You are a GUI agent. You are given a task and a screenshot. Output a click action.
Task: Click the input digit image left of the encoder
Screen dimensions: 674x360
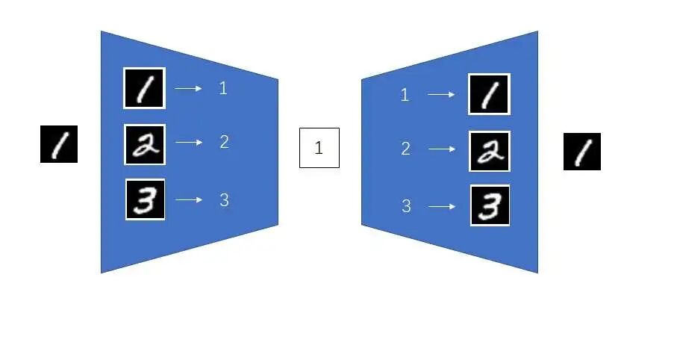[x=58, y=144]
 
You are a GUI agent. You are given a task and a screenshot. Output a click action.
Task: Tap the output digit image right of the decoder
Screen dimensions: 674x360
[x=581, y=152]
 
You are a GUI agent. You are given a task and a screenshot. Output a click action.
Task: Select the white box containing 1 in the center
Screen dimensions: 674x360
[x=319, y=148]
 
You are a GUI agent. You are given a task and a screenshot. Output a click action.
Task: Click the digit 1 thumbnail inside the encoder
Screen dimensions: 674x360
[x=144, y=88]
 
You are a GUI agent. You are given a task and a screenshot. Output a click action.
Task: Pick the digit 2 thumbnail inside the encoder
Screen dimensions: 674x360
[x=145, y=144]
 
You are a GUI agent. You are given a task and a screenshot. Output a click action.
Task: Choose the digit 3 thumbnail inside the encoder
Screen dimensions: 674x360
[x=145, y=199]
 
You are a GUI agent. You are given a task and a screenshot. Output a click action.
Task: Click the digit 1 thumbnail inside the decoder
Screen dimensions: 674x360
[x=489, y=94]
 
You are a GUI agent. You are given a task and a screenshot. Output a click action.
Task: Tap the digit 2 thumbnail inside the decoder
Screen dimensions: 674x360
[x=490, y=151]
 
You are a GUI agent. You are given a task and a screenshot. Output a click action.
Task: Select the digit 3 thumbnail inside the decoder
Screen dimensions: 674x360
[x=490, y=205]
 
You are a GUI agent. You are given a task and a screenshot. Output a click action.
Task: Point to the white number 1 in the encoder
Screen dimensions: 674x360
[x=223, y=88]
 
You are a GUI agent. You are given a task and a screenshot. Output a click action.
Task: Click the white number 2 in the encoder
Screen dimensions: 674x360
[x=224, y=142]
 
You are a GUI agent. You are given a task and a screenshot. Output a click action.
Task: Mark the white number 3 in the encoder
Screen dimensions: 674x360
[x=224, y=200]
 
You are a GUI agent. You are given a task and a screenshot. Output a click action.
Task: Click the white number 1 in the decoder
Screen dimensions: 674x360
[x=405, y=95]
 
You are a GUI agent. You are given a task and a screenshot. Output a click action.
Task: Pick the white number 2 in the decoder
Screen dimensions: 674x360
[x=406, y=149]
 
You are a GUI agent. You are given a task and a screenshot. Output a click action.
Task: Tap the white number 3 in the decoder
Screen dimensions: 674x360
[x=406, y=206]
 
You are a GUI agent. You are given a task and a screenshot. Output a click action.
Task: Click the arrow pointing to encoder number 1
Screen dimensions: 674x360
[x=188, y=88]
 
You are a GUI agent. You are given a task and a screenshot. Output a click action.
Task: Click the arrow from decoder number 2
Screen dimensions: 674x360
[x=442, y=149]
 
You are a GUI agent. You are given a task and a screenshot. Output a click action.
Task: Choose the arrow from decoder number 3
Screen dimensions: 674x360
[x=442, y=206]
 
